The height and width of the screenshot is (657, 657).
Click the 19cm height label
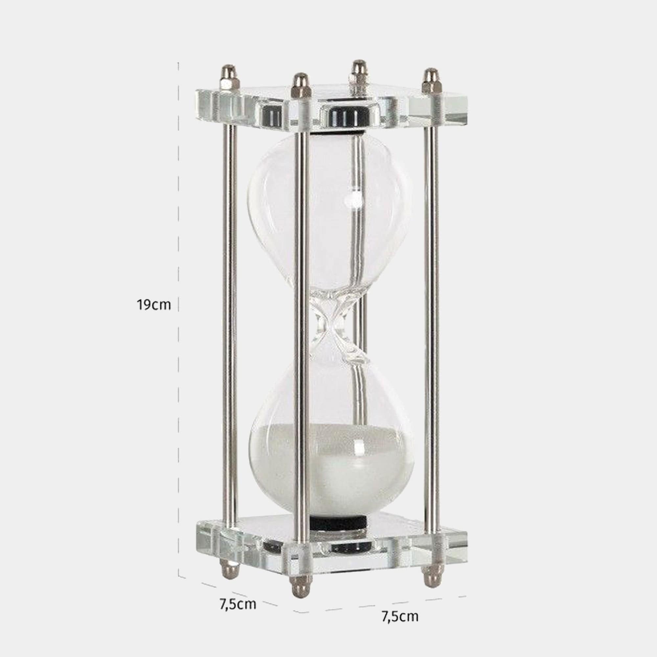[x=154, y=305]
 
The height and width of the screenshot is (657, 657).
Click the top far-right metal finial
[x=431, y=81]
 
